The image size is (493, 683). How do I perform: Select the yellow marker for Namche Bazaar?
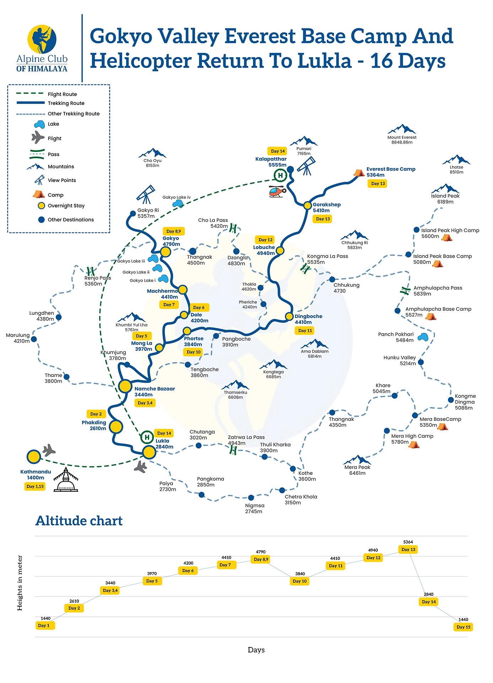click(x=125, y=386)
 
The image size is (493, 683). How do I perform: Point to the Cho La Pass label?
click(x=213, y=223)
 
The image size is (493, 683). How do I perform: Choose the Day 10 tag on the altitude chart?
click(x=300, y=581)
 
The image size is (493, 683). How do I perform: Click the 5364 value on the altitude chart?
click(x=408, y=542)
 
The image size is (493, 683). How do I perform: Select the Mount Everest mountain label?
click(x=402, y=139)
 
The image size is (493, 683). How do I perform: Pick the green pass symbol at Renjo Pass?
click(x=91, y=271)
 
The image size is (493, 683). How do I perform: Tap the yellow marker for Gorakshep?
click(x=307, y=205)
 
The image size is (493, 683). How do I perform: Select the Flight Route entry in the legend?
click(x=62, y=94)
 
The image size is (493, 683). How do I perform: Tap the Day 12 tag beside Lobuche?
click(x=265, y=240)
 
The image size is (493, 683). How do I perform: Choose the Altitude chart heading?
click(x=79, y=520)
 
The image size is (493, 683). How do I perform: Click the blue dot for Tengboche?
click(x=188, y=364)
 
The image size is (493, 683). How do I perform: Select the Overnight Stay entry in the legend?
click(x=66, y=206)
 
